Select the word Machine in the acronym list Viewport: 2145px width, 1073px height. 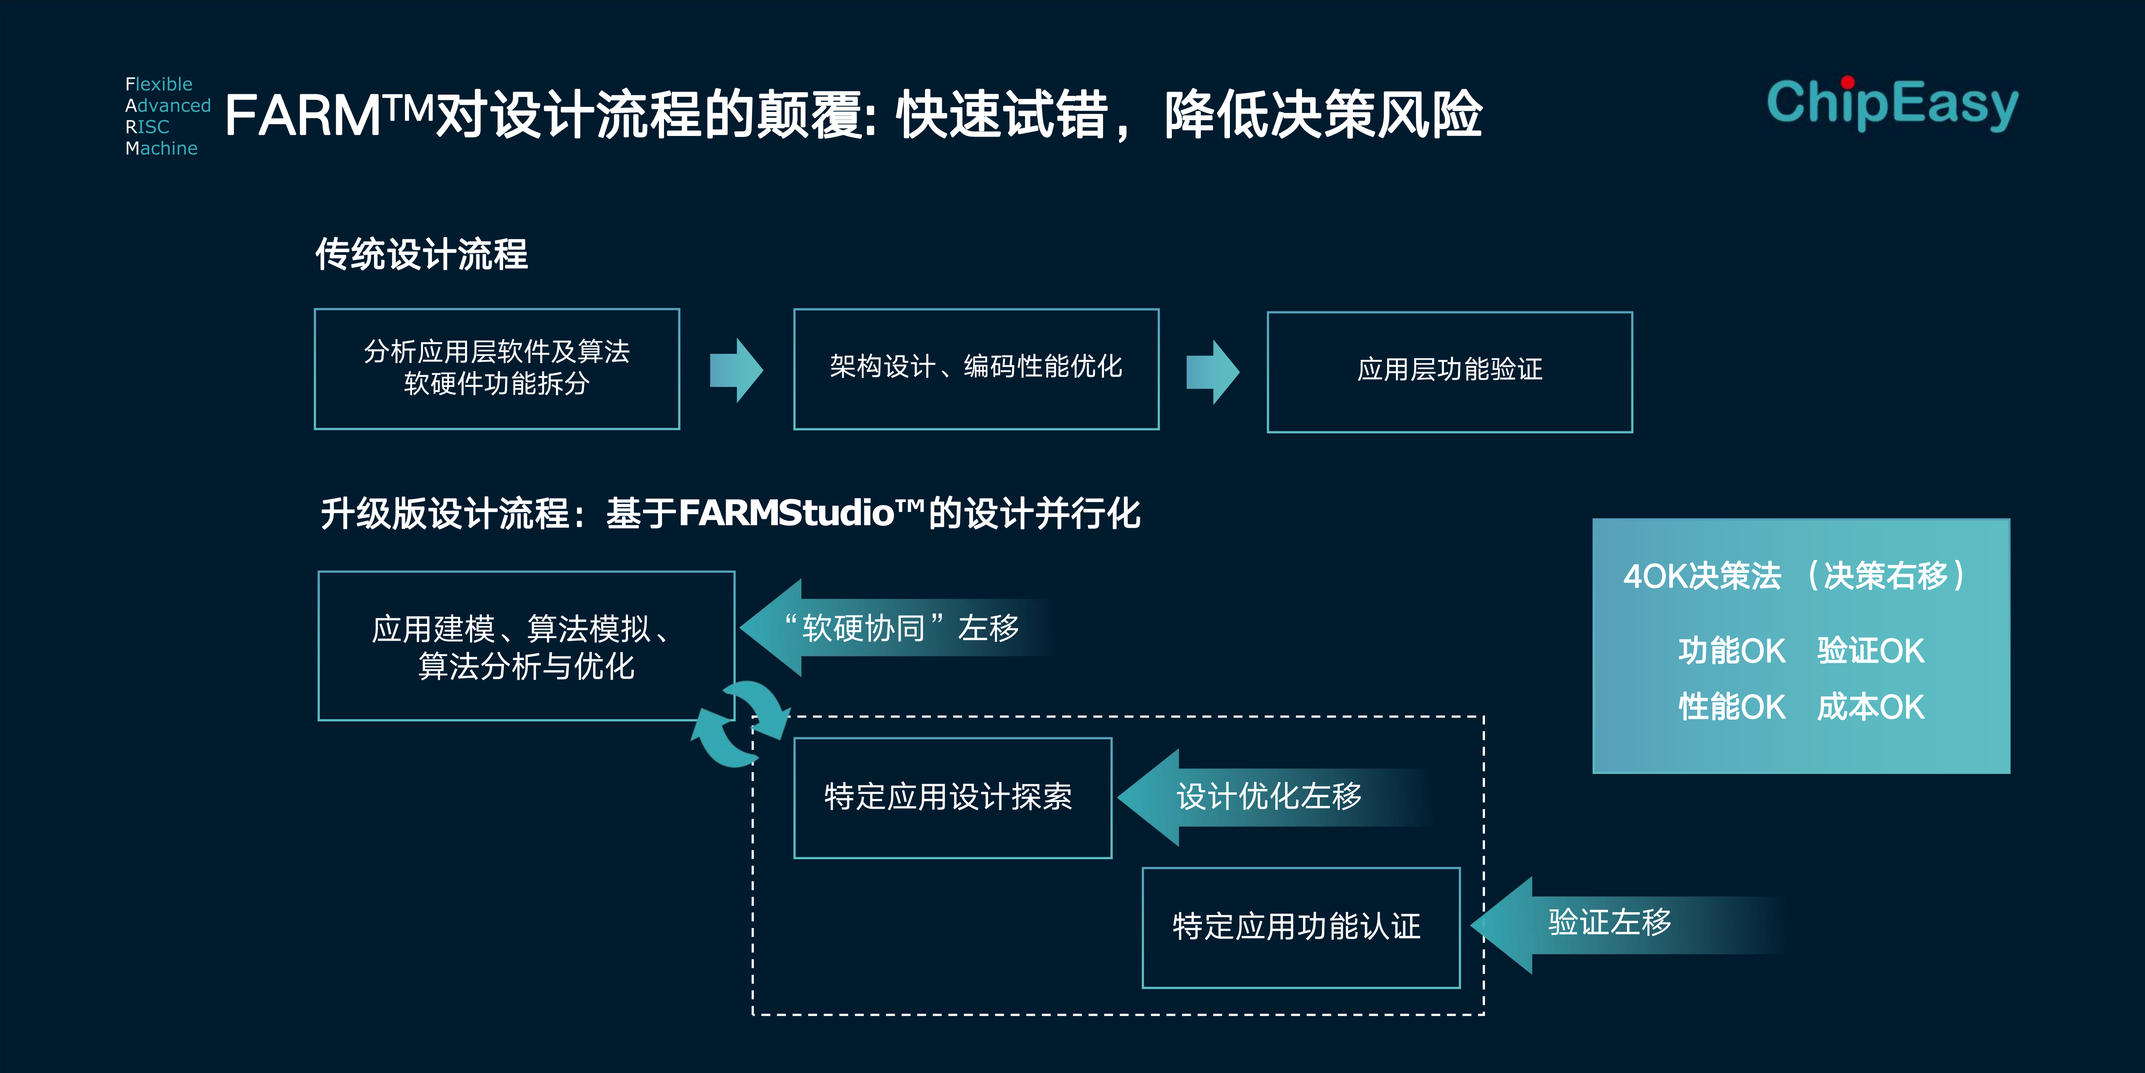tap(162, 148)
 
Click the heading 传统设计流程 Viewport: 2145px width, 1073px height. tap(421, 254)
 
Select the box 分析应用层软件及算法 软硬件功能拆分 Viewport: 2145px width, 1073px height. tap(497, 369)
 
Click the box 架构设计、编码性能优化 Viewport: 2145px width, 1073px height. tap(976, 369)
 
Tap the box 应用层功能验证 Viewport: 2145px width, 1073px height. tap(1450, 371)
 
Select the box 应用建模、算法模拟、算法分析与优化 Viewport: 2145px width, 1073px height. tap(526, 646)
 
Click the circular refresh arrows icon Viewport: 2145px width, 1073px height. tap(739, 723)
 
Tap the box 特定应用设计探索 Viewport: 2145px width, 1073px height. tap(952, 797)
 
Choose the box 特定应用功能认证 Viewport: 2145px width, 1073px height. tap(1301, 927)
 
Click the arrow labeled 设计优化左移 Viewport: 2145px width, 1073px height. tap(1274, 797)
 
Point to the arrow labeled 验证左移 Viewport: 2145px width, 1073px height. tap(1628, 925)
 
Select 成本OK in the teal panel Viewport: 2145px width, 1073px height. tap(1870, 707)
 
